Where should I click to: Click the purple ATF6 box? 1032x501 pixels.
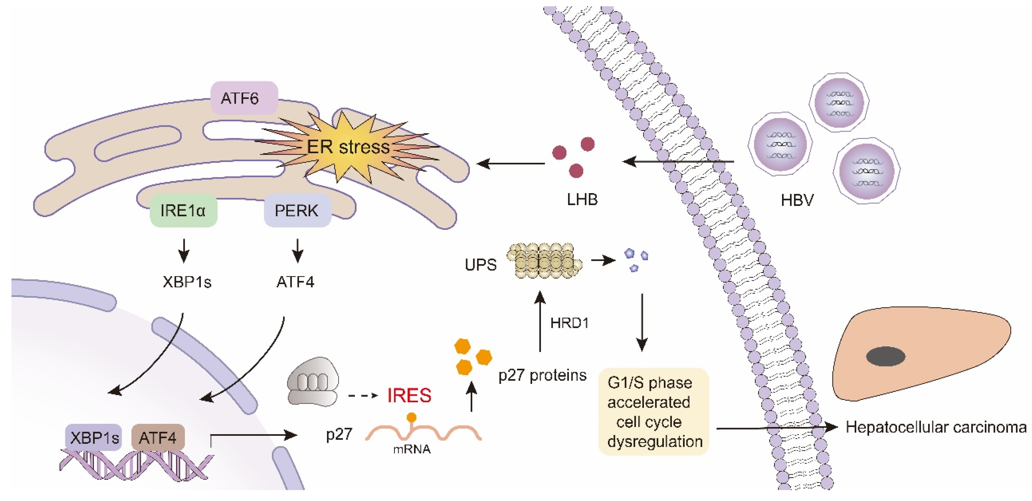point(244,98)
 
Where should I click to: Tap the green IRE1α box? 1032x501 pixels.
point(183,211)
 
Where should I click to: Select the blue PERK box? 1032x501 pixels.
point(297,211)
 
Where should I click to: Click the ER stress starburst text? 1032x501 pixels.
point(348,147)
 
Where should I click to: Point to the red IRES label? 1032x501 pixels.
point(409,396)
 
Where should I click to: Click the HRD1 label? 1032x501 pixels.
point(569,323)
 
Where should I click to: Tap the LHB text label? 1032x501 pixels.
point(582,199)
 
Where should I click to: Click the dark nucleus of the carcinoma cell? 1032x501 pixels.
point(886,357)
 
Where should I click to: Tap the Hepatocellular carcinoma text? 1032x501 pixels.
point(936,428)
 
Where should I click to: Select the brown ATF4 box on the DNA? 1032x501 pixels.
point(158,438)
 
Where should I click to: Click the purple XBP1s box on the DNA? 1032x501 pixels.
point(94,438)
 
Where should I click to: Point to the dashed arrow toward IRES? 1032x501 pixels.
point(363,396)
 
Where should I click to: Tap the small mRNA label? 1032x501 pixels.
point(412,449)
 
